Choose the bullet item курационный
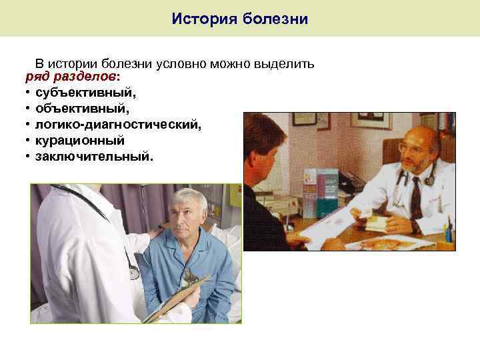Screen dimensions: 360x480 (80, 141)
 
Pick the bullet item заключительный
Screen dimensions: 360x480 (94, 157)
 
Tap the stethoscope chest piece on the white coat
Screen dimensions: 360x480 (134, 273)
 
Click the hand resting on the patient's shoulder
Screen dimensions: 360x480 (157, 233)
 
